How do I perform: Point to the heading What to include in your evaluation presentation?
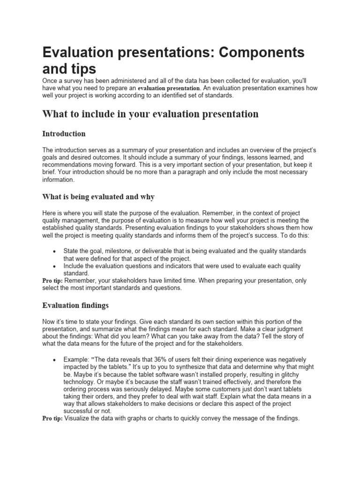[150, 114]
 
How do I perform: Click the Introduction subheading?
[64, 134]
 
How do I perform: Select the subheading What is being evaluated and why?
[98, 196]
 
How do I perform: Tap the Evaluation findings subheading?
[75, 305]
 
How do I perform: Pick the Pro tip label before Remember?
[52, 280]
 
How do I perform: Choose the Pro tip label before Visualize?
[52, 418]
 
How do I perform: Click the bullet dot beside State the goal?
[55, 251]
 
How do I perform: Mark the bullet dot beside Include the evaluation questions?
[55, 266]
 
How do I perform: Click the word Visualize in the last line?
[78, 418]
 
